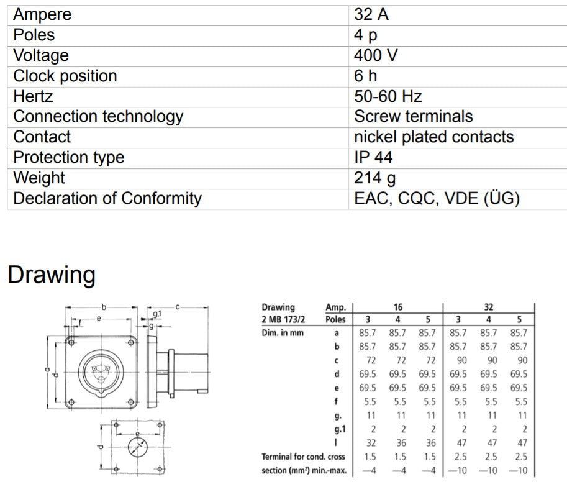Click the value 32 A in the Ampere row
(x=371, y=15)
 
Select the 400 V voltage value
(x=376, y=56)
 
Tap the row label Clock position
(x=65, y=76)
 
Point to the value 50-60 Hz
(x=388, y=97)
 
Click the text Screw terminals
(x=413, y=117)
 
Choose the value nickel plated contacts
(x=433, y=137)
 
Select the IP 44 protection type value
(x=373, y=158)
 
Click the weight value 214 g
(x=374, y=178)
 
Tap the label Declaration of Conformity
(x=107, y=199)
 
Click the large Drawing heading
(x=52, y=275)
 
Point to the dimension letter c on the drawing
(x=177, y=306)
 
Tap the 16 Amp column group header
(x=397, y=307)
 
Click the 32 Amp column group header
(x=488, y=307)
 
